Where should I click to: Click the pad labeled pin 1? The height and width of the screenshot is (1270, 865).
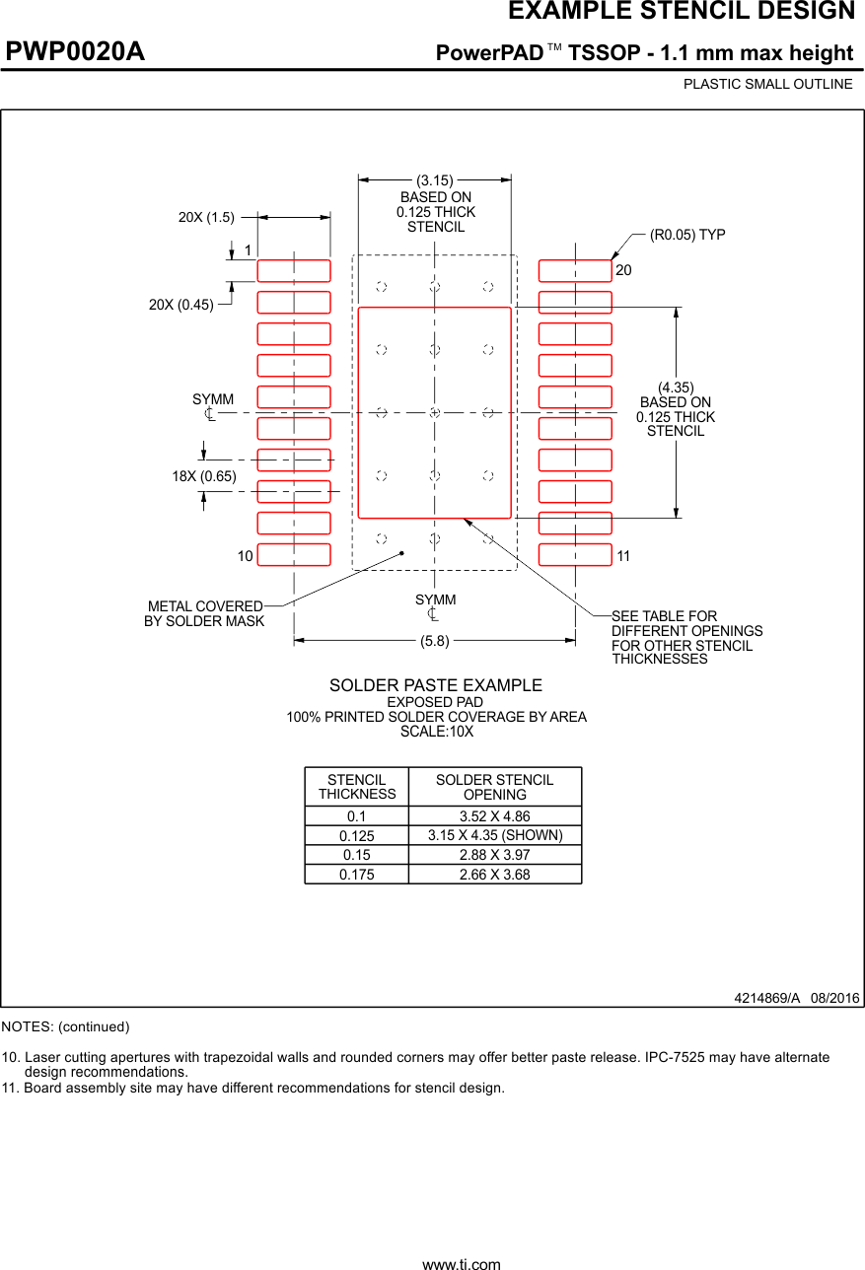click(x=294, y=270)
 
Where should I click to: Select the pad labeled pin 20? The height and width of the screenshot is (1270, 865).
click(x=575, y=270)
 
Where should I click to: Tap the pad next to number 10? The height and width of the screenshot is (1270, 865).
click(x=294, y=554)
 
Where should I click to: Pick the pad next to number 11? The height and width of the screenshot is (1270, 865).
click(x=575, y=554)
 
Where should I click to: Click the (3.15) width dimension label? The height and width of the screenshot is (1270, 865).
click(x=434, y=180)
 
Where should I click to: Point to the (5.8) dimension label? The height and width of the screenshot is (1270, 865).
click(x=434, y=641)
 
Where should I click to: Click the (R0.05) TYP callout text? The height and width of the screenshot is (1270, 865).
click(x=687, y=235)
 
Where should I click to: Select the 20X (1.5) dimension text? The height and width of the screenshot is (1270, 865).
click(x=206, y=217)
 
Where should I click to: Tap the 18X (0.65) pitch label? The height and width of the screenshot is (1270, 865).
click(x=204, y=476)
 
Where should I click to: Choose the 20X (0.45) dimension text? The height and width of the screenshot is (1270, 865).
click(x=181, y=305)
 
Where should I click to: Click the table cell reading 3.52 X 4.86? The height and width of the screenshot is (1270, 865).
click(x=494, y=816)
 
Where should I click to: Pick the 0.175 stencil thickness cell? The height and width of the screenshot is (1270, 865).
click(x=356, y=875)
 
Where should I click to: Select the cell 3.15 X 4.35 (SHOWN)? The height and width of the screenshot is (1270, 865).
click(x=494, y=835)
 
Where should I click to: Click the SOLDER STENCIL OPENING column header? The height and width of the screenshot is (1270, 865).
click(x=494, y=787)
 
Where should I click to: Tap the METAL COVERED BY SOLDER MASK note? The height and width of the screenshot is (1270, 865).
click(x=205, y=613)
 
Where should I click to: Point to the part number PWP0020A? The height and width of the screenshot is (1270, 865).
click(x=76, y=51)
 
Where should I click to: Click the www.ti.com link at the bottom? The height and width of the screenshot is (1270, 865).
click(x=462, y=1263)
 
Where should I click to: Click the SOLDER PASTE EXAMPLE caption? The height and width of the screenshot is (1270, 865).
click(x=435, y=685)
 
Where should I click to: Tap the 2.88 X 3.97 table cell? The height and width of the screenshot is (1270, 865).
click(x=494, y=855)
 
